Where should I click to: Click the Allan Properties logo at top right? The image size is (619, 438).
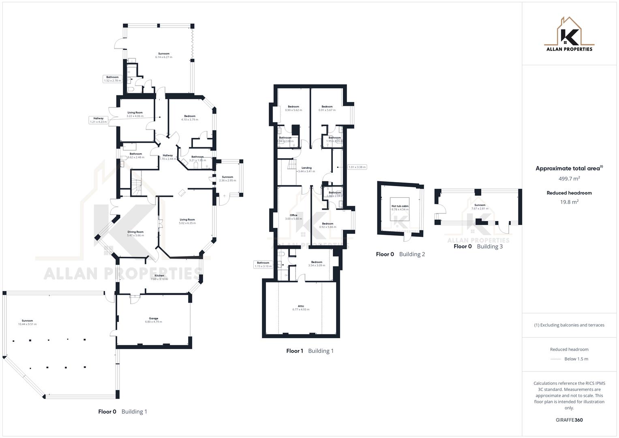click(569, 35)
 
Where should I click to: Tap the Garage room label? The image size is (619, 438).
click(153, 320)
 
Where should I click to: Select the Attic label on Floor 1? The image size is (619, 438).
click(301, 308)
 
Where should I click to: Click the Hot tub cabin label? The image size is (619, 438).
click(400, 208)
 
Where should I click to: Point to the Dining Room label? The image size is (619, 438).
click(135, 234)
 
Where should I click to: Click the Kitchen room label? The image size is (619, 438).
click(159, 277)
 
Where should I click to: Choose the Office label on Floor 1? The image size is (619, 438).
click(293, 217)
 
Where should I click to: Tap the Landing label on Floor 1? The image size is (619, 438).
click(306, 169)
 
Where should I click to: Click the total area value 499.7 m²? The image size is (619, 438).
click(569, 178)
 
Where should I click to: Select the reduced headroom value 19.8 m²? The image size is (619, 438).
click(569, 202)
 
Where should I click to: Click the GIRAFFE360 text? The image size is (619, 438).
click(569, 420)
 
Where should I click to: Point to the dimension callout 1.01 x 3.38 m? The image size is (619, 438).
click(357, 167)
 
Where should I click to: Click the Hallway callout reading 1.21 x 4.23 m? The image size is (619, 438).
click(99, 120)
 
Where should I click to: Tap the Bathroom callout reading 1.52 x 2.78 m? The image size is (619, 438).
click(112, 79)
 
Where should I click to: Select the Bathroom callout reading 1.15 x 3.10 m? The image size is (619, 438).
click(263, 264)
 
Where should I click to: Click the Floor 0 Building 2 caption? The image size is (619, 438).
click(400, 254)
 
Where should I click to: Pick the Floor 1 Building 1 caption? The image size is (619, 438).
click(310, 351)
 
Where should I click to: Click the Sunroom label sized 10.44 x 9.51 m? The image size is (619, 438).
click(27, 322)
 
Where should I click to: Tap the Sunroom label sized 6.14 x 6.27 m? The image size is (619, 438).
click(164, 55)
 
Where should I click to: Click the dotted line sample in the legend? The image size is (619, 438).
click(556, 359)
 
